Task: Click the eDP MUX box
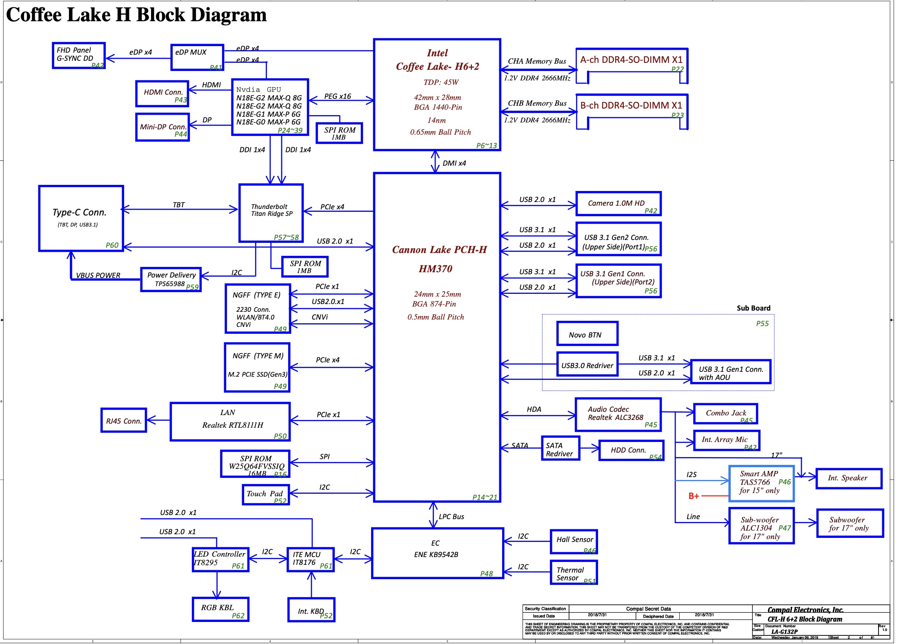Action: pyautogui.click(x=197, y=58)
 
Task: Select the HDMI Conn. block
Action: pyautogui.click(x=162, y=94)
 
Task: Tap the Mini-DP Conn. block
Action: pyautogui.click(x=162, y=127)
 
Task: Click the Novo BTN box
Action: pyautogui.click(x=587, y=333)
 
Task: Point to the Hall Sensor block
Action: pyautogui.click(x=574, y=542)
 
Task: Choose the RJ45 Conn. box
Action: pyautogui.click(x=124, y=420)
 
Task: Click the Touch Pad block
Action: pyautogui.click(x=265, y=495)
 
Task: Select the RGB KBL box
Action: pyautogui.click(x=220, y=609)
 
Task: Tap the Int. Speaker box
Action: pyautogui.click(x=848, y=478)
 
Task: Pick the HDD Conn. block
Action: pyautogui.click(x=631, y=451)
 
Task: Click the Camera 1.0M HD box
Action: pyautogui.click(x=618, y=204)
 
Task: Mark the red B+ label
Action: pyautogui.click(x=694, y=496)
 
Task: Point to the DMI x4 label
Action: pyautogui.click(x=454, y=163)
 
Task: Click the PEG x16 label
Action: pyautogui.click(x=337, y=96)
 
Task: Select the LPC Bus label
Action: pyautogui.click(x=451, y=517)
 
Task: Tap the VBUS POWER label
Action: pyautogui.click(x=98, y=275)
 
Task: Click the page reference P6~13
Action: pyautogui.click(x=486, y=146)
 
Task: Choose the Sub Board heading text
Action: pyautogui.click(x=753, y=308)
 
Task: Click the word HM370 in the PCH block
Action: pyautogui.click(x=435, y=269)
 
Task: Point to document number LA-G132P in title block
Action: pyautogui.click(x=784, y=632)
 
